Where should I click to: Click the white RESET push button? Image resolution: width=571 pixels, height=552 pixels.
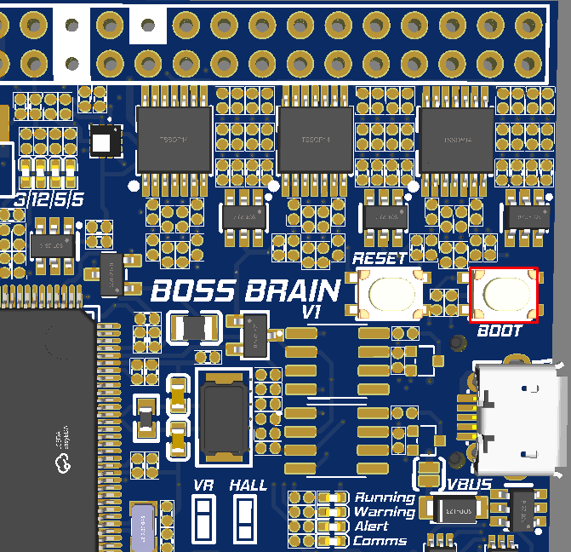point(391,294)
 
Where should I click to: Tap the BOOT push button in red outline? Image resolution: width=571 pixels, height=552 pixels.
point(504,295)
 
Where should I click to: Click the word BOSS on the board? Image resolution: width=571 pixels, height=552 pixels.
point(192,290)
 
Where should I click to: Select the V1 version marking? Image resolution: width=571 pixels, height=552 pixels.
point(311,313)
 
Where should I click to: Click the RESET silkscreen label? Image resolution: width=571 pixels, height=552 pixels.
point(380,259)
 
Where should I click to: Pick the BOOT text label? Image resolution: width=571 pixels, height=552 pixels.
point(500,331)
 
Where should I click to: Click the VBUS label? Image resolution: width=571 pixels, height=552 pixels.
point(470,485)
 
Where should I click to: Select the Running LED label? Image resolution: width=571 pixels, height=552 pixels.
point(385,497)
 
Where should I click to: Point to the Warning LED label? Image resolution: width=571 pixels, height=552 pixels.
point(385,512)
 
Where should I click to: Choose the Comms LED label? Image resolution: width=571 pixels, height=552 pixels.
point(380,541)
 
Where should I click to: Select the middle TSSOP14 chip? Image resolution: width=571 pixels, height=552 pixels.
point(315,139)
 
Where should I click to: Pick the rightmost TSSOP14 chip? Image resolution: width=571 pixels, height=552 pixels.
point(457,139)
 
